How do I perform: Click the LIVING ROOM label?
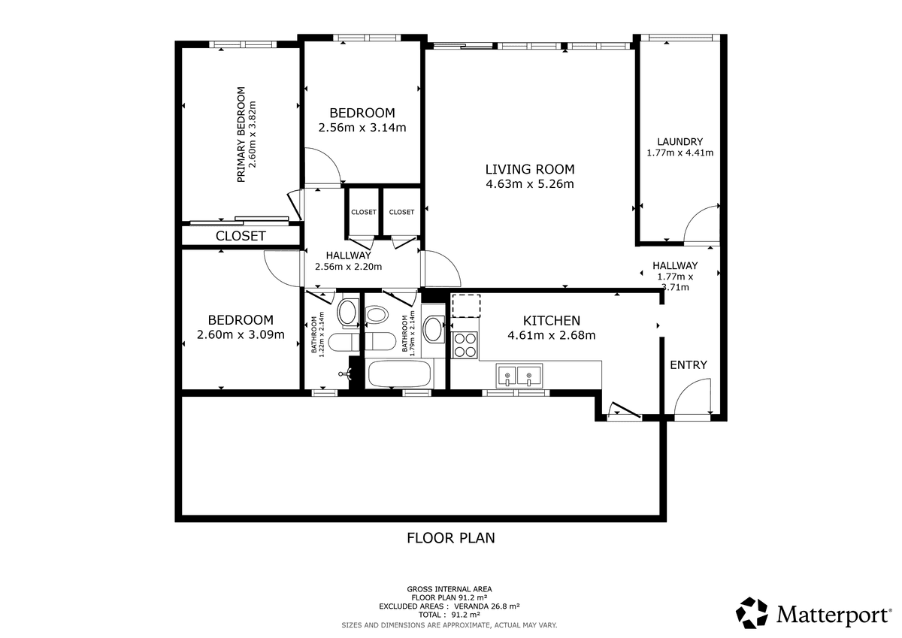point(530,170)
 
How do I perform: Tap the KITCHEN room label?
point(552,321)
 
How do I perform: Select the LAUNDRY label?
point(680,142)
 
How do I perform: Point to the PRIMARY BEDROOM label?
point(241,135)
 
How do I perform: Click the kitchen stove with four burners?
point(465,345)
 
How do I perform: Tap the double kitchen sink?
point(519,376)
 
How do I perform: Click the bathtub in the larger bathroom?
point(399,374)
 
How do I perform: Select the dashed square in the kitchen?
point(466,307)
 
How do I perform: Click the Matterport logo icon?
point(752,612)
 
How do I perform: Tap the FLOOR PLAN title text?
point(450,538)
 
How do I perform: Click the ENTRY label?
point(689,365)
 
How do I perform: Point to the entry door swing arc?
point(687,386)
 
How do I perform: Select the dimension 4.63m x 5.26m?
point(530,184)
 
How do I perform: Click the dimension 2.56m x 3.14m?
point(362,128)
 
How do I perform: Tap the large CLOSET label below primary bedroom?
point(241,236)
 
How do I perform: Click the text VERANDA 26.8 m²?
point(487,606)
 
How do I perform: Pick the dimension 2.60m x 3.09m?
point(241,334)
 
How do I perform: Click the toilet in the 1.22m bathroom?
point(343,342)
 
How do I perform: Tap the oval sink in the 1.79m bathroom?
point(433,329)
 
